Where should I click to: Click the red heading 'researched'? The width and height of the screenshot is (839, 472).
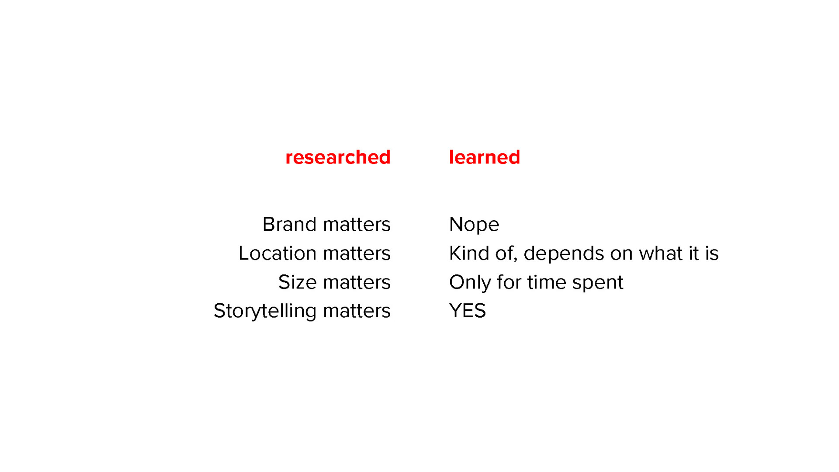pyautogui.click(x=338, y=157)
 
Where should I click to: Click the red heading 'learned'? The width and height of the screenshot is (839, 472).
pyautogui.click(x=485, y=157)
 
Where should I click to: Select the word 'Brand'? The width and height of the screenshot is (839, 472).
pyautogui.click(x=290, y=224)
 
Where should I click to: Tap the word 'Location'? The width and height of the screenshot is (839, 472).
pyautogui.click(x=277, y=253)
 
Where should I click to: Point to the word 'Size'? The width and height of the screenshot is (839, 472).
pyautogui.click(x=298, y=282)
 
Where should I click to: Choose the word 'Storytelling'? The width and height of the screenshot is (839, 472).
pyautogui.click(x=265, y=311)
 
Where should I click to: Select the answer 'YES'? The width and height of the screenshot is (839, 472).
pyautogui.click(x=468, y=311)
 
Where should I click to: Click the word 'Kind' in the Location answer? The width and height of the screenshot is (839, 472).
pyautogui.click(x=469, y=253)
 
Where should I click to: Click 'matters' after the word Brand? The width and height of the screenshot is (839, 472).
pyautogui.click(x=357, y=225)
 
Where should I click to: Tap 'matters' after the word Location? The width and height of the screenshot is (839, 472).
pyautogui.click(x=357, y=253)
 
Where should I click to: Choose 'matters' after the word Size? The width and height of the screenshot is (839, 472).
pyautogui.click(x=357, y=282)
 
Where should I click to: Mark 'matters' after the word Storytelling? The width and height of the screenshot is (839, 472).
pyautogui.click(x=357, y=311)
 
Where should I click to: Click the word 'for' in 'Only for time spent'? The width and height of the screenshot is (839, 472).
pyautogui.click(x=509, y=282)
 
